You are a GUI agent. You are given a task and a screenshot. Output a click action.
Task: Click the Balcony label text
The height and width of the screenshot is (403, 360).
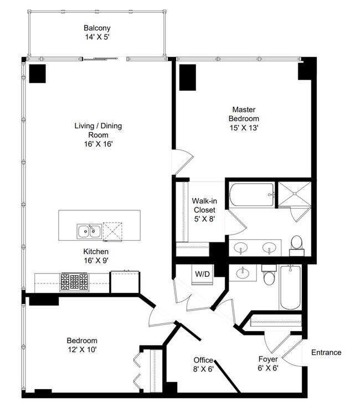pyautogui.click(x=97, y=28)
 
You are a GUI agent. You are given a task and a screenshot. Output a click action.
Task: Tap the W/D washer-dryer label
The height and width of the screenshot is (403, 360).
pyautogui.click(x=202, y=274)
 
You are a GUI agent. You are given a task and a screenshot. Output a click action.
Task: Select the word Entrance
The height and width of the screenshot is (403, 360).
pyautogui.click(x=326, y=353)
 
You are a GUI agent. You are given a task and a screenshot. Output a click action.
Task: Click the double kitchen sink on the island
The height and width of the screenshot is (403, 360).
pyautogui.click(x=89, y=231)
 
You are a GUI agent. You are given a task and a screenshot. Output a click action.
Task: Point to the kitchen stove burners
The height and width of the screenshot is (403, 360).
pyautogui.click(x=74, y=282)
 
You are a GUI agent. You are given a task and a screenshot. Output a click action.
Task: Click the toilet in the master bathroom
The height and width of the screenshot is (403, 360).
pyautogui.click(x=297, y=246)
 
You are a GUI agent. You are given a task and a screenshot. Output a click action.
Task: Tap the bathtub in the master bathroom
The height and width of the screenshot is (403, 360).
pyautogui.click(x=251, y=194)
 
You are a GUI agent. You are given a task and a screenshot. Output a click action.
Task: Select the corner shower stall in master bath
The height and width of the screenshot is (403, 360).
pyautogui.click(x=295, y=194)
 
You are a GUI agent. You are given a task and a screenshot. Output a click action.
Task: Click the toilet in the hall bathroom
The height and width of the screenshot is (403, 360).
pyautogui.click(x=269, y=275)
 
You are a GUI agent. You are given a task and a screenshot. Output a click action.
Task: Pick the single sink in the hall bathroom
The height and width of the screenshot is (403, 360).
pyautogui.click(x=242, y=273)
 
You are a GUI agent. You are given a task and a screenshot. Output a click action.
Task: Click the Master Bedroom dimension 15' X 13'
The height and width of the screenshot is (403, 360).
pyautogui.click(x=244, y=128)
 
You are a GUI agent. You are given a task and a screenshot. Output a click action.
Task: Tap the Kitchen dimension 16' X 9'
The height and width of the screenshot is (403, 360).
pyautogui.click(x=96, y=261)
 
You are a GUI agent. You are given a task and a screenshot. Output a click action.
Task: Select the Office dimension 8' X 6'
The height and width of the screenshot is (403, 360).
pyautogui.click(x=203, y=369)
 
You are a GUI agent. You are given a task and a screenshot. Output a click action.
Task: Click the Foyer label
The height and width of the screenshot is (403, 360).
pyautogui.click(x=268, y=359)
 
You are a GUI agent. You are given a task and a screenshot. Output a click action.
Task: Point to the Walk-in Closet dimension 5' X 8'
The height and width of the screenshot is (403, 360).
pyautogui.click(x=204, y=219)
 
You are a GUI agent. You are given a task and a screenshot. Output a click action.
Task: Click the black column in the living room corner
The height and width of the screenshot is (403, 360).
pyautogui.click(x=37, y=74)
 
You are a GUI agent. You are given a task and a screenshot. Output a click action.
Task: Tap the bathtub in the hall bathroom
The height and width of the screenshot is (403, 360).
pyautogui.click(x=290, y=287)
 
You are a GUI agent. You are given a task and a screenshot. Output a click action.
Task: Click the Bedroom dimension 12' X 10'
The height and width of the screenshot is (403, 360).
pyautogui.click(x=82, y=349)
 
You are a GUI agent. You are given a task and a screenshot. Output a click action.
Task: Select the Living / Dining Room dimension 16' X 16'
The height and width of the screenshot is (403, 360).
pyautogui.click(x=98, y=144)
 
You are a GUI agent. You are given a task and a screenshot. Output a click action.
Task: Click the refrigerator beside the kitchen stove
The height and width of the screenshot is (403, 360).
pyautogui.click(x=125, y=282)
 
